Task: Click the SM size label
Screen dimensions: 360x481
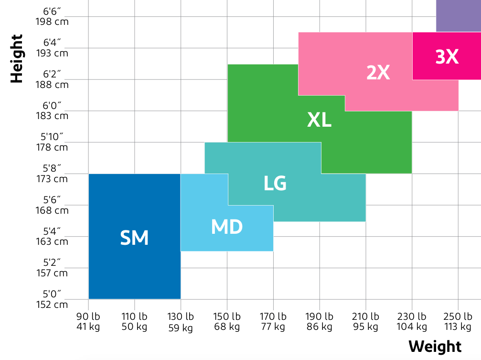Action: pos(134,238)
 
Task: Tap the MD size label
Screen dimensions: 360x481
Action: pos(227,227)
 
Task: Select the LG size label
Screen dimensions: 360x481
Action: pos(275,183)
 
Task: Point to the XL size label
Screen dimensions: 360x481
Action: pos(319,120)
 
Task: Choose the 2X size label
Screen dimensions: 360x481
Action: pos(378,72)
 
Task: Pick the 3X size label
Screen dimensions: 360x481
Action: pos(447,57)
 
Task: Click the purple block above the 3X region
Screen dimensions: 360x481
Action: pos(458,16)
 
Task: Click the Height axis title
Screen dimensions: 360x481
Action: pos(17,59)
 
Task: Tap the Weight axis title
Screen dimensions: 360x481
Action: pos(435,347)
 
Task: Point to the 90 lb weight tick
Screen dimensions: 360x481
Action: pos(88,316)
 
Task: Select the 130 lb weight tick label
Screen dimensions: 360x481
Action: pos(181,316)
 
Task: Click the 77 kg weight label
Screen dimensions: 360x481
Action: pos(273,327)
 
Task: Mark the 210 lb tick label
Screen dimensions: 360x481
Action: pos(365,316)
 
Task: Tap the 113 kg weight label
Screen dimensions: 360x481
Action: pos(458,327)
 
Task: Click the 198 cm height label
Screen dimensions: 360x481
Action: pos(52,22)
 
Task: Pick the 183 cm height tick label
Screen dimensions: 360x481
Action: pos(52,116)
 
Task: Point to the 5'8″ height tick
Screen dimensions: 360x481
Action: pos(52,168)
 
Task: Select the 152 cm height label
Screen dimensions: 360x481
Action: pos(52,305)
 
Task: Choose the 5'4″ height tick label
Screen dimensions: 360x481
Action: pos(52,231)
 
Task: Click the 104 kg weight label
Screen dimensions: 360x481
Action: pos(412,327)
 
